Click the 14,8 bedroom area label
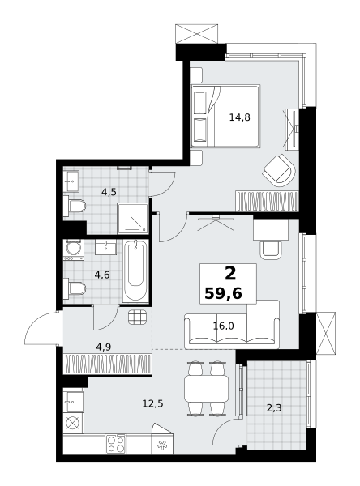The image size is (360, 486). coord(239,117)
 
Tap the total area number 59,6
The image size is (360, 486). coord(224,293)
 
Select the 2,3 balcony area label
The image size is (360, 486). coord(274,408)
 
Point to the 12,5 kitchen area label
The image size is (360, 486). coord(152,403)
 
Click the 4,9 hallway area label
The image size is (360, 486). coord(103,347)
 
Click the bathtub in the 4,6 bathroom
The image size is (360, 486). coord(135,271)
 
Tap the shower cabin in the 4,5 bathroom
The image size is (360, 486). coord(133,219)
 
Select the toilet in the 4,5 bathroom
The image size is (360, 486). coord(75,206)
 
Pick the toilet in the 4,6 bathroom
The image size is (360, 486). coord(75,288)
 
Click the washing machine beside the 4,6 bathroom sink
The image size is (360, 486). coord(74,249)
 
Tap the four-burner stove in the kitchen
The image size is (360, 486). coord(115,444)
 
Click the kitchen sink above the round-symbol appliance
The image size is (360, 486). coord(73,402)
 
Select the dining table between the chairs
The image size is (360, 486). coord(207,389)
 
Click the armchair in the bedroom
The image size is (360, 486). coord(280,171)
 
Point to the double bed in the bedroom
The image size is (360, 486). coord(225,116)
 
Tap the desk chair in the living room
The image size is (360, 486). coord(271,250)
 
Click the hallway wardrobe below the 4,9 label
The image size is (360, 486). coord(107,364)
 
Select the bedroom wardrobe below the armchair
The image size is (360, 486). coord(267,201)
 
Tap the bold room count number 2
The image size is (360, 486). coord(230,274)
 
